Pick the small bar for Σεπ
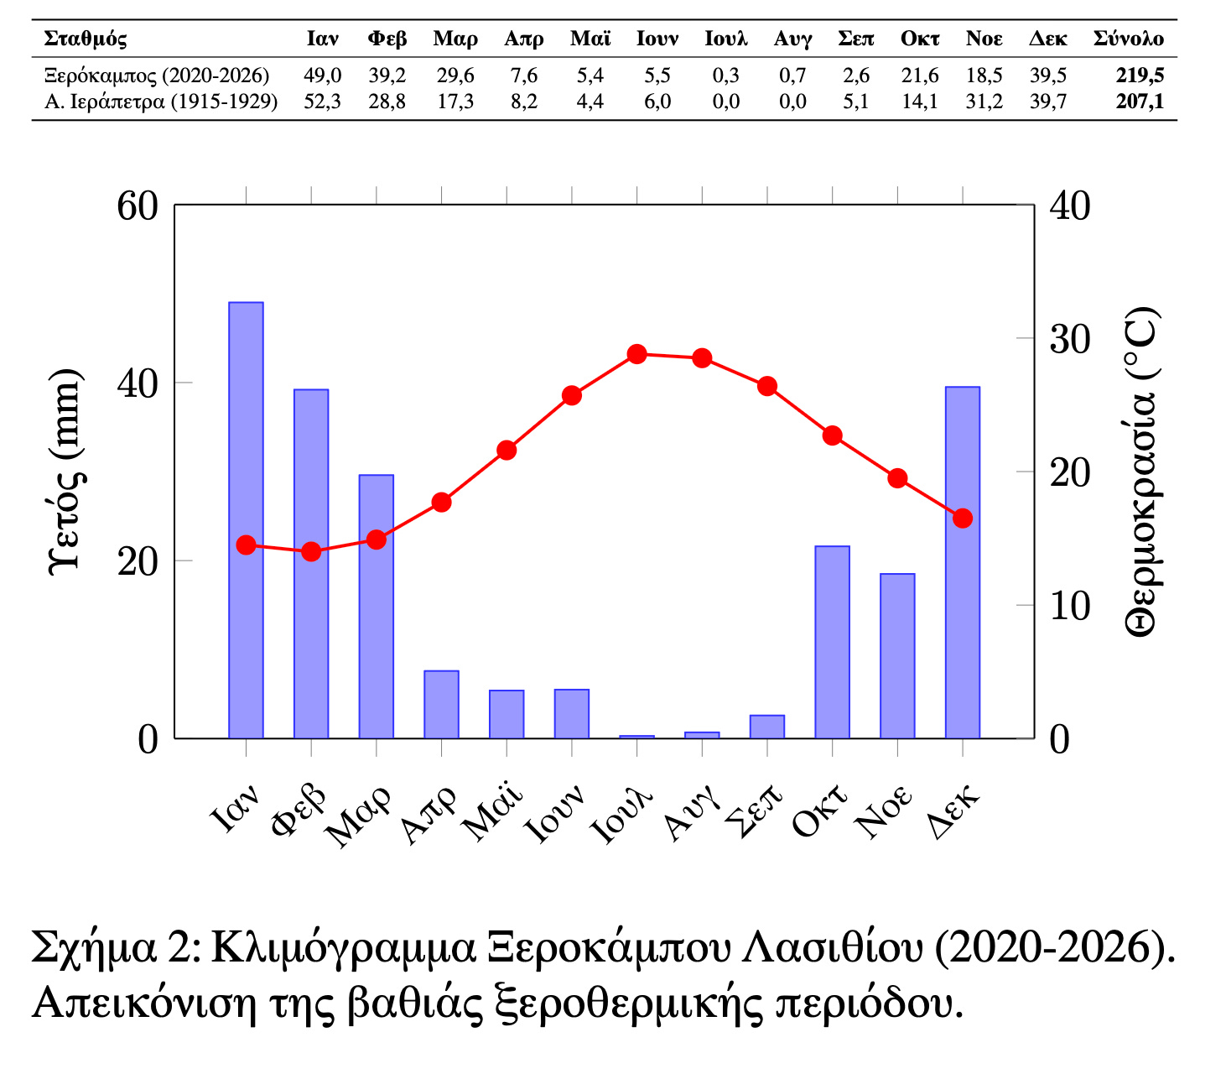click(x=766, y=727)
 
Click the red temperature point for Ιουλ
click(x=637, y=354)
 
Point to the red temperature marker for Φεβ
click(x=311, y=551)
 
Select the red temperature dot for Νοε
click(x=897, y=478)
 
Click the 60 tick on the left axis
click(x=138, y=206)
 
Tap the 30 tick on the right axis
click(x=1069, y=339)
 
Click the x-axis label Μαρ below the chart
click(x=359, y=816)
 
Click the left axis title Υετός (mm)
click(x=65, y=470)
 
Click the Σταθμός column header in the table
click(x=85, y=39)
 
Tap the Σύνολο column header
click(x=1128, y=39)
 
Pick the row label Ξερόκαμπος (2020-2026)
click(x=157, y=76)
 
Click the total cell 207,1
click(x=1140, y=102)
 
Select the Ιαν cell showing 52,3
click(x=322, y=102)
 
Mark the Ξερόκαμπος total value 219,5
click(x=1140, y=76)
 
